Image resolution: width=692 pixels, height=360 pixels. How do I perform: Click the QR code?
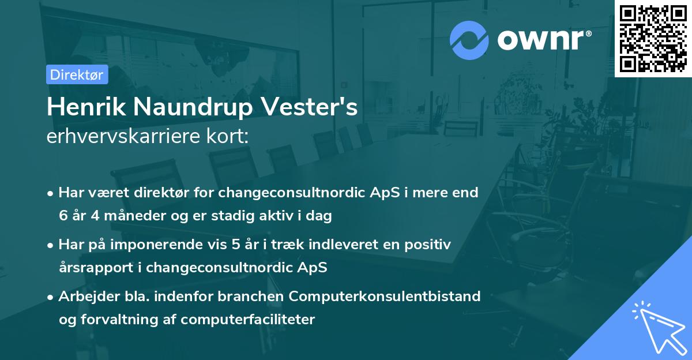pyautogui.click(x=653, y=39)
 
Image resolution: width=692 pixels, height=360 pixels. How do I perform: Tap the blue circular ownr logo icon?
pyautogui.click(x=469, y=40)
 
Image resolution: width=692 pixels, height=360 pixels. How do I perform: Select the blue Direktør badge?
pyautogui.click(x=77, y=74)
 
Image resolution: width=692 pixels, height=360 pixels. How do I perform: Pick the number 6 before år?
pyautogui.click(x=63, y=216)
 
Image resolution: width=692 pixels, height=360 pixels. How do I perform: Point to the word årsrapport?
pyautogui.click(x=96, y=268)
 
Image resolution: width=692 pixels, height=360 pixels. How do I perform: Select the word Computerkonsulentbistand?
pyautogui.click(x=385, y=297)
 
